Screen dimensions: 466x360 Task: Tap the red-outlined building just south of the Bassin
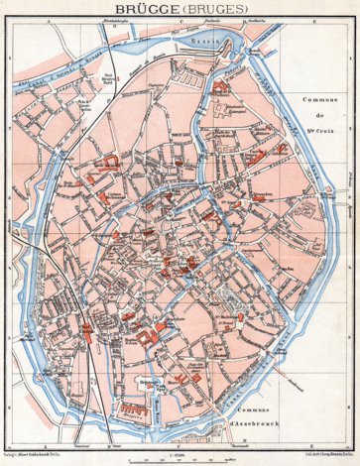click(x=220, y=86)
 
